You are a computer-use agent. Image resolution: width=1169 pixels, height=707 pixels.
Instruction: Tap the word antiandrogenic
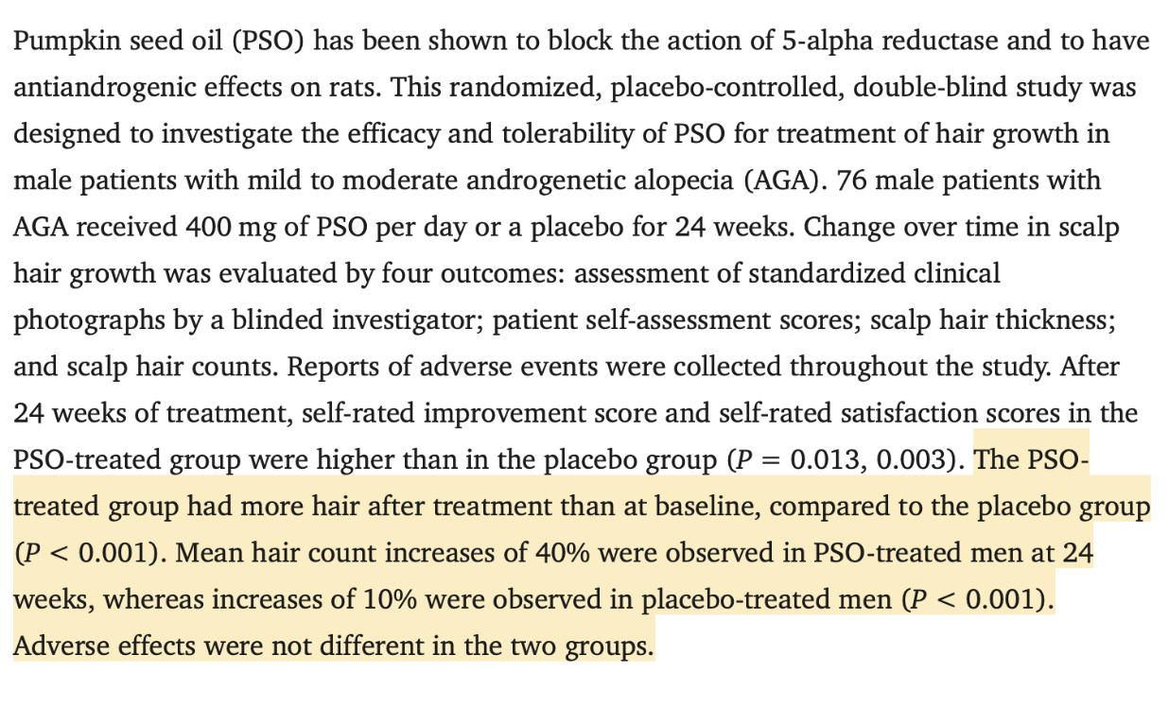pyautogui.click(x=104, y=88)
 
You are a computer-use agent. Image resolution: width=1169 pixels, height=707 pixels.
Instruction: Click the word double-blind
pyautogui.click(x=930, y=87)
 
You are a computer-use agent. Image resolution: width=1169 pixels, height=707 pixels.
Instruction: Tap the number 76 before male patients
pyautogui.click(x=851, y=181)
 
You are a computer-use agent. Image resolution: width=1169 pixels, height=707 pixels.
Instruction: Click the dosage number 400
pyautogui.click(x=208, y=228)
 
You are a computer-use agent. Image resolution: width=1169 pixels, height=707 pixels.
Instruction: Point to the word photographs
pyautogui.click(x=89, y=320)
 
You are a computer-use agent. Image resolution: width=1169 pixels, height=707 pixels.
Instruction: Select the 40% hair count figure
pyautogui.click(x=563, y=553)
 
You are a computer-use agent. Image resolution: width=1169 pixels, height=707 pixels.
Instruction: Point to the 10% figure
pyautogui.click(x=390, y=599)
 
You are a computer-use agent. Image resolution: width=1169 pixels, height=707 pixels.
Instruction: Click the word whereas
pyautogui.click(x=153, y=599)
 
